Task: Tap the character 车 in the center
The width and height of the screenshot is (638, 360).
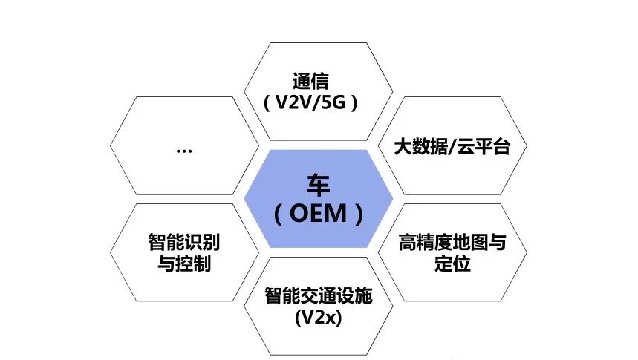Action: click(319, 185)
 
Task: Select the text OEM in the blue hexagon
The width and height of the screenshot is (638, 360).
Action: click(319, 215)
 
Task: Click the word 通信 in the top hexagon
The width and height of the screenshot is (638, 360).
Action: click(310, 81)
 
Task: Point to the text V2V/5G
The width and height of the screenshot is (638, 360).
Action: click(310, 102)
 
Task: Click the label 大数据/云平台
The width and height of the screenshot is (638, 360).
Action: click(452, 146)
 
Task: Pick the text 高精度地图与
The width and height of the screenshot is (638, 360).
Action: click(452, 243)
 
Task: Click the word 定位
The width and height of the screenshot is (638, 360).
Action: click(452, 264)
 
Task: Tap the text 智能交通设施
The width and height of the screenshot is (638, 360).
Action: click(318, 298)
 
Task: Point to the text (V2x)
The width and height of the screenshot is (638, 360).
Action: click(318, 319)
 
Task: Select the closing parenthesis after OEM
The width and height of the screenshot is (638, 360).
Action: click(360, 215)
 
